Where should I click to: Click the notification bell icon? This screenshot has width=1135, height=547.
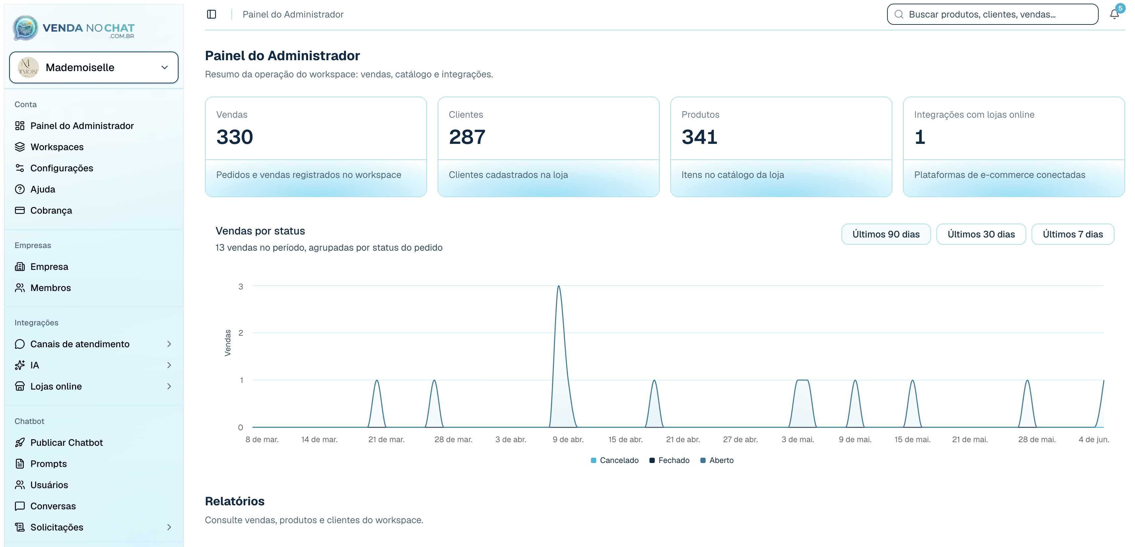1114,14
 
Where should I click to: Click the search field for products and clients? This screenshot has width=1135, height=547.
992,14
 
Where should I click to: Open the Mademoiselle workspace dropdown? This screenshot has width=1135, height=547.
94,67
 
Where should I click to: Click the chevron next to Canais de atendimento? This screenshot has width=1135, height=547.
169,344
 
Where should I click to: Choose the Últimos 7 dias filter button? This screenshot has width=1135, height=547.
1073,234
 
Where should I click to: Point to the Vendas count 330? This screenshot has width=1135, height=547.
234,137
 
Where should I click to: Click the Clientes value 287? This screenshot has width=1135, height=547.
467,137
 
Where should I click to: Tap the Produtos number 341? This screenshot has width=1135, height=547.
699,137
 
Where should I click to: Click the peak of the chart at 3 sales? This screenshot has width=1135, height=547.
559,286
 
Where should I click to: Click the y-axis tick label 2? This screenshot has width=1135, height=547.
241,333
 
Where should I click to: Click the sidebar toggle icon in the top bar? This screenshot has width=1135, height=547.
212,14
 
